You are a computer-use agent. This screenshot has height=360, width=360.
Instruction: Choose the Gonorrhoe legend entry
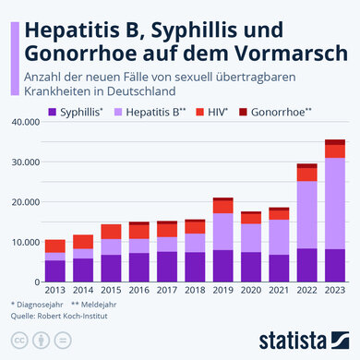point(306,112)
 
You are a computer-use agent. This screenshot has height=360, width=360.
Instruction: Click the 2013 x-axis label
point(54,290)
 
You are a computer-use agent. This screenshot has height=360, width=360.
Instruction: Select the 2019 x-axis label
point(222,290)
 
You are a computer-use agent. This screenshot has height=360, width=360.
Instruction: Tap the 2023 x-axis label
point(334,290)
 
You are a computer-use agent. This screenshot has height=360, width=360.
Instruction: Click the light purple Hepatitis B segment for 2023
point(334,203)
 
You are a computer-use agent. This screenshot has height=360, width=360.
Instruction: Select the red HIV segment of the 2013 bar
point(54,246)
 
